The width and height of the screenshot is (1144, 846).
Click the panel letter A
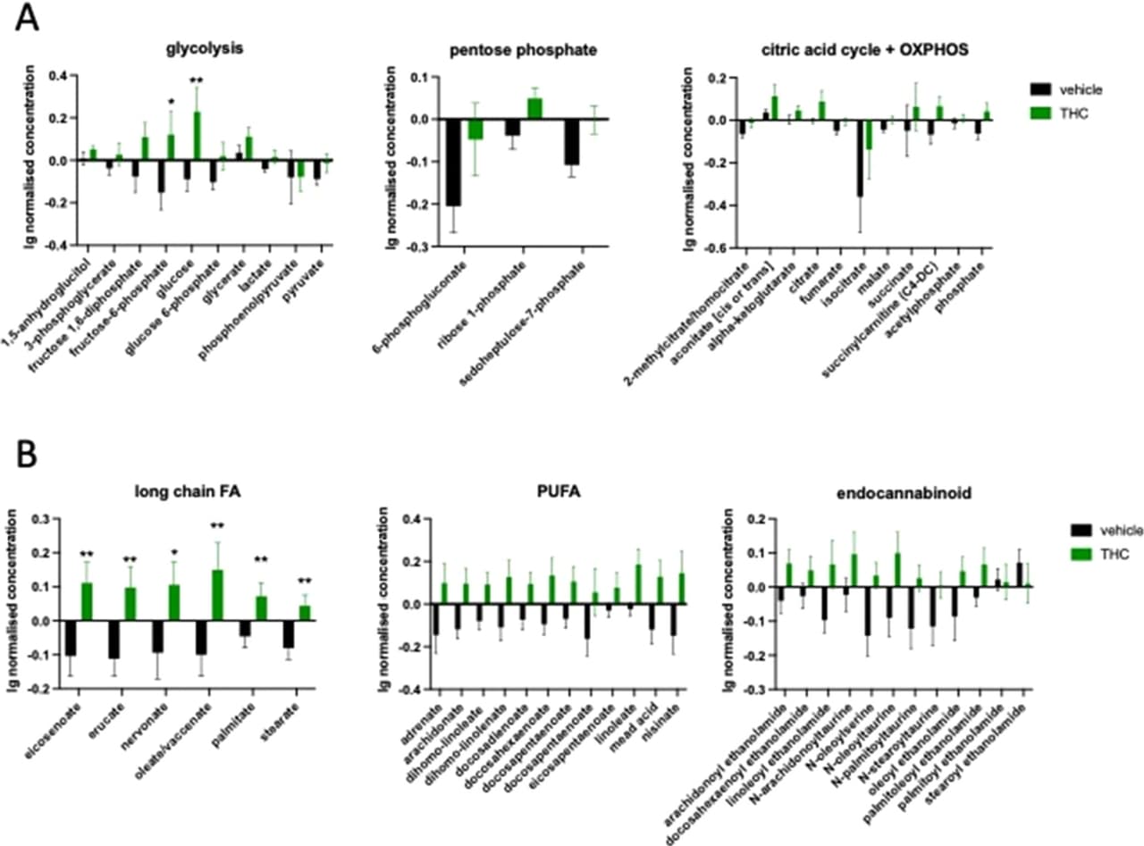point(28,20)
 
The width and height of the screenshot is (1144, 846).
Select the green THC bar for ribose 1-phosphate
point(534,108)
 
